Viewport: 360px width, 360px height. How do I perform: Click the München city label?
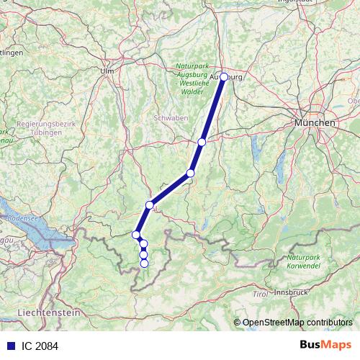(315, 124)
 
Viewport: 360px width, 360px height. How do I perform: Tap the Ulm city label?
(108, 71)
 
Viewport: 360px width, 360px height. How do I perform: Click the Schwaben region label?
(170, 117)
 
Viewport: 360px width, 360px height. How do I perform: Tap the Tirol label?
(260, 294)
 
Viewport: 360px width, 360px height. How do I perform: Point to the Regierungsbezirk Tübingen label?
(46, 127)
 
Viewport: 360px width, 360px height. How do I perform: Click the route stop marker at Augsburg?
(224, 76)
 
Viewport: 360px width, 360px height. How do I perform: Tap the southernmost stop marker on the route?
(144, 264)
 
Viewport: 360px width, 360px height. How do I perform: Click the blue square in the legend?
(9, 346)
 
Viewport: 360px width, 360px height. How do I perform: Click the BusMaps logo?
(325, 346)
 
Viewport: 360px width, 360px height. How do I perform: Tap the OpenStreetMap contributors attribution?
(297, 322)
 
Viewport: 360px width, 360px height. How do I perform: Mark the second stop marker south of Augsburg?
(191, 173)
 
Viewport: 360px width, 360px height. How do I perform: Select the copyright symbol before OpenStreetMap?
(237, 322)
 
